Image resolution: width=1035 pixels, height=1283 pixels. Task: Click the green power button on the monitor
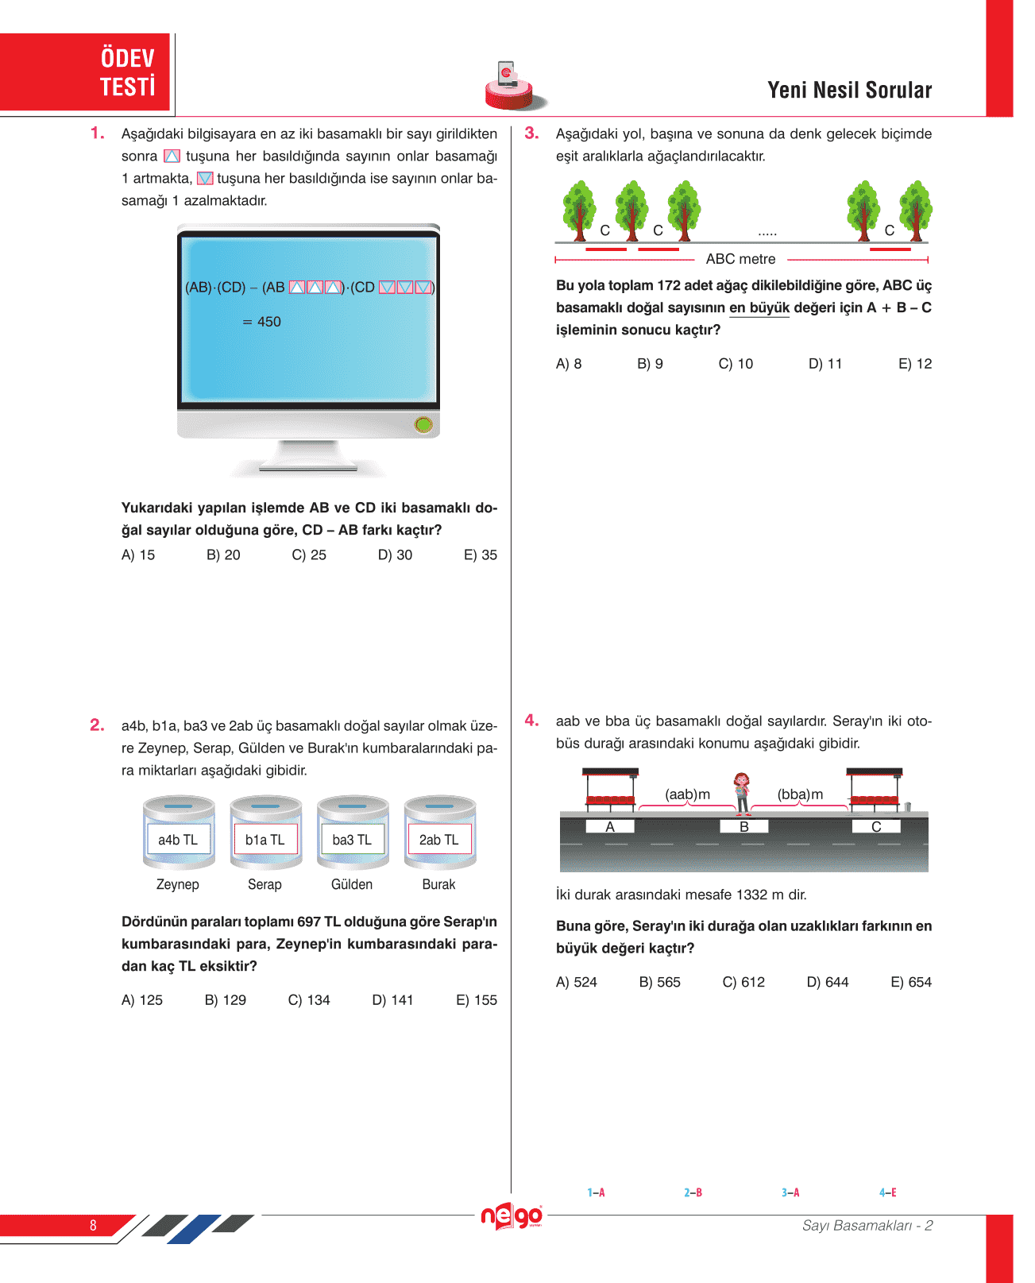[x=423, y=425]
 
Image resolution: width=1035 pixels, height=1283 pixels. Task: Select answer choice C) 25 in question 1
[x=309, y=555]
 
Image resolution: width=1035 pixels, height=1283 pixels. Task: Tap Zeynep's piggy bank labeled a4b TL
[x=179, y=833]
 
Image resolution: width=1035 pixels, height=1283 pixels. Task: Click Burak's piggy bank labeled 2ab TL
[x=439, y=833]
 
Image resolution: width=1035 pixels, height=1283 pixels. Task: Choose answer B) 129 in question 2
[x=226, y=1000]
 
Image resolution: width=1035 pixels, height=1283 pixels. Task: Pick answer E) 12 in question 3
[x=915, y=364]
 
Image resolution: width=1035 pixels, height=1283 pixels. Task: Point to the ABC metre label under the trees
[x=740, y=259]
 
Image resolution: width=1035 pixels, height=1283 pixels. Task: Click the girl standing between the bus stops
[x=742, y=793]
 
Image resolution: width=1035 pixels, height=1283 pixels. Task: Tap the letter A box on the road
[x=610, y=827]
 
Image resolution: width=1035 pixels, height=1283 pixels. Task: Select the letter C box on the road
[x=876, y=827]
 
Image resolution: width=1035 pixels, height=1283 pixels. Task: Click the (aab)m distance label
[x=687, y=794]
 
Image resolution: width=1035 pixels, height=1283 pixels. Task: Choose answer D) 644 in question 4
[x=828, y=983]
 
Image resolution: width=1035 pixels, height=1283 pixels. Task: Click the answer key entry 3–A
[x=790, y=1192]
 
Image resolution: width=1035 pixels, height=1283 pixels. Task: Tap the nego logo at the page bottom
[x=512, y=1216]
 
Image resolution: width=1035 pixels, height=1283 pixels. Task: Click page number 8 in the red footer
[x=93, y=1225]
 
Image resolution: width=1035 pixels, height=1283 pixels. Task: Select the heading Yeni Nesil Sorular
[x=849, y=91]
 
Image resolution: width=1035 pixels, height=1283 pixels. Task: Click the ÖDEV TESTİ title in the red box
[x=127, y=72]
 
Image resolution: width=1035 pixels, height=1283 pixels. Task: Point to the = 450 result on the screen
[x=262, y=322]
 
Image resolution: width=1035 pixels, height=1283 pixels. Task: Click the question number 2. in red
[x=97, y=725]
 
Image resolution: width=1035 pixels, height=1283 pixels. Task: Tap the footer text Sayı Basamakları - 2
[x=867, y=1226]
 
